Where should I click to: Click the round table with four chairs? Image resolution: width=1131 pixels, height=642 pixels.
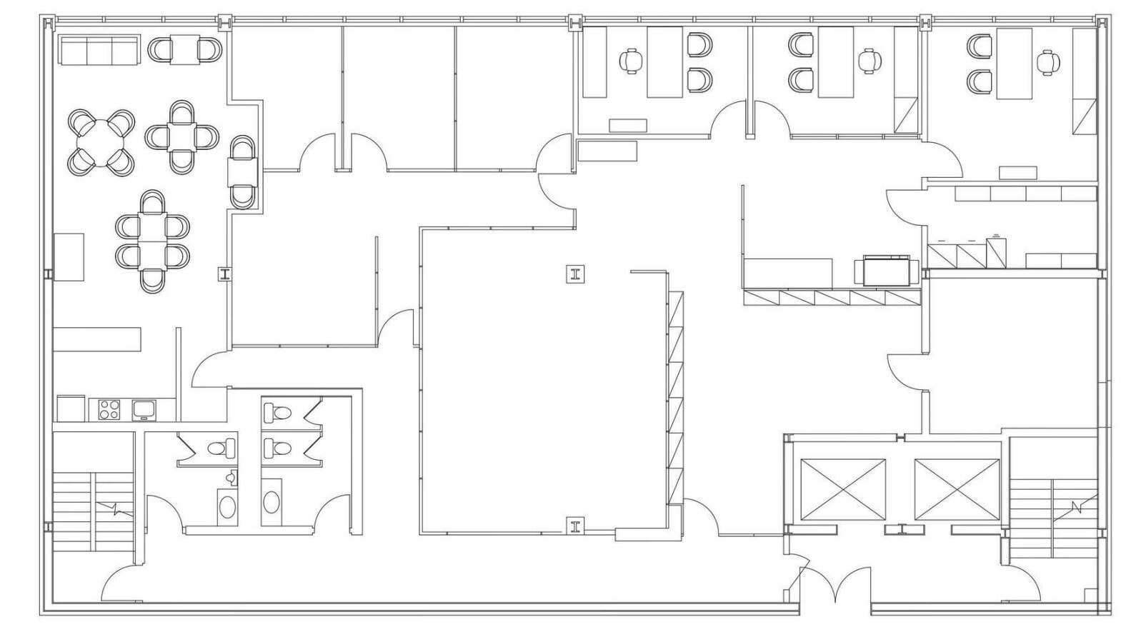point(101,142)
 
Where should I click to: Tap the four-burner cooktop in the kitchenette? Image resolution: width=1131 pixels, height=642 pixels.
point(109,409)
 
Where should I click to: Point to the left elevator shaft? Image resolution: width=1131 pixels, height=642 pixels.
point(843,490)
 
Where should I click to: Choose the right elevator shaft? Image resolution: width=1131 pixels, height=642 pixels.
point(957,490)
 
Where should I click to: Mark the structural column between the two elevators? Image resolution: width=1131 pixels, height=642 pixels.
point(902,529)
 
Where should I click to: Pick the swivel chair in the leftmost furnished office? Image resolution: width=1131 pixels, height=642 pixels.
point(630,61)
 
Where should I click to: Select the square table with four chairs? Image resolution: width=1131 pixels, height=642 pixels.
point(182,136)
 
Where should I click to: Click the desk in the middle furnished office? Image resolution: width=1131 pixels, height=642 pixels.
point(836,62)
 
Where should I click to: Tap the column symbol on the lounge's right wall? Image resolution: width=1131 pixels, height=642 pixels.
point(225,274)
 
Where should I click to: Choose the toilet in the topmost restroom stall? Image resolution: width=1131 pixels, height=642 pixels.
point(277,413)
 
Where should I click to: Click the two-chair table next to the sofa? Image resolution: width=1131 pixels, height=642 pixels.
point(184,49)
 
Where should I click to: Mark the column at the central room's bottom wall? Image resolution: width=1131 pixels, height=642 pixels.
point(575,526)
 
